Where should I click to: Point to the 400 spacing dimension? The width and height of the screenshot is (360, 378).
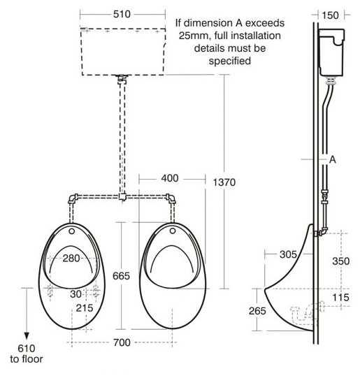[x=169, y=178]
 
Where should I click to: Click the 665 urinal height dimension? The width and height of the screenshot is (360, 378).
[x=122, y=276]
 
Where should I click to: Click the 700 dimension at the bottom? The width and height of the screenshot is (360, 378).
[x=122, y=343]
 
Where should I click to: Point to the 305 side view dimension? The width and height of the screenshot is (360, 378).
[x=278, y=254]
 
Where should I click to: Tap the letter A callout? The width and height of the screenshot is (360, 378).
[x=333, y=159]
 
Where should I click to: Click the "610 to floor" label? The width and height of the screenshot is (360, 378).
[x=26, y=354]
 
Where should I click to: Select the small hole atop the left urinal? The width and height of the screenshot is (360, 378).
[x=71, y=228]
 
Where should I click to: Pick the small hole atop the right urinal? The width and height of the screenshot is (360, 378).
[x=171, y=228]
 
